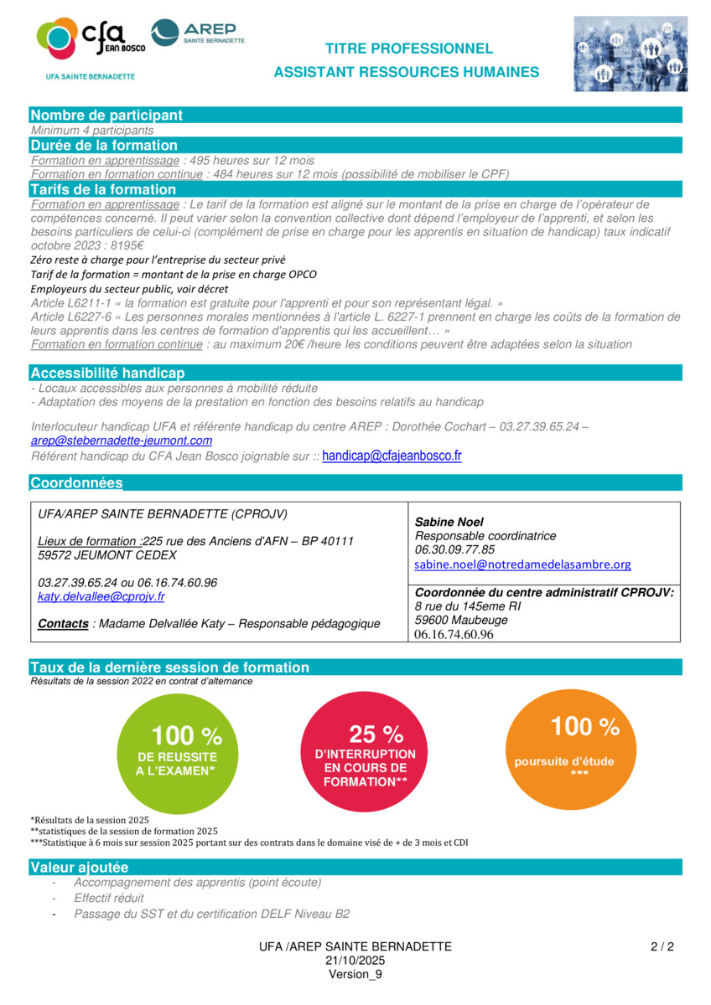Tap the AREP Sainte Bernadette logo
(198, 33)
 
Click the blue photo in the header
(631, 54)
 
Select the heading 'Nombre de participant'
(106, 116)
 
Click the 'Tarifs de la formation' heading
(103, 189)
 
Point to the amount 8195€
(123, 245)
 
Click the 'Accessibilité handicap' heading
(107, 373)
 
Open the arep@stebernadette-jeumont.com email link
(122, 441)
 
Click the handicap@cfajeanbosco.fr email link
(392, 456)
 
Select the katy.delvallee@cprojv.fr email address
(101, 597)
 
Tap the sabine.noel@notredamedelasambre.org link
(522, 565)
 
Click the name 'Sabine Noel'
(449, 522)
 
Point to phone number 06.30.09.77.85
(455, 550)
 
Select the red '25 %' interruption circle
(359, 752)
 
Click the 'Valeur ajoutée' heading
(80, 868)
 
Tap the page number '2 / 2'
(662, 947)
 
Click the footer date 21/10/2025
(355, 961)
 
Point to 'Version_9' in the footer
(355, 974)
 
